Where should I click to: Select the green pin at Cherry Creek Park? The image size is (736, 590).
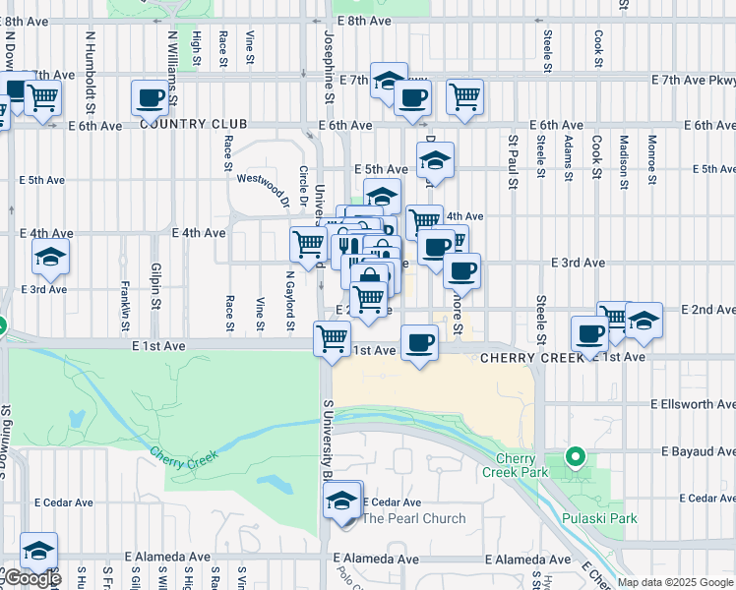point(576,457)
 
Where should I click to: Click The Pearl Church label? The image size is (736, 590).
point(414,518)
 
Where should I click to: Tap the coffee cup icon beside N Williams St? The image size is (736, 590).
point(151,97)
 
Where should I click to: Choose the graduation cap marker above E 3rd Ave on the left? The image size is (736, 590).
point(50,257)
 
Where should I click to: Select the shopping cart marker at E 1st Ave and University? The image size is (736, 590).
point(332,338)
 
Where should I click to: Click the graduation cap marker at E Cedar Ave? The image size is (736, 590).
point(341,500)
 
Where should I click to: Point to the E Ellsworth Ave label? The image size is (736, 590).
point(693,404)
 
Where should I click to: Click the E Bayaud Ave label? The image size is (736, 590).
point(698,451)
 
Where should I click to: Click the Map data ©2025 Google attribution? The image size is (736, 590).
point(675,582)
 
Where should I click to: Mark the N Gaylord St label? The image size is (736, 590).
point(291,296)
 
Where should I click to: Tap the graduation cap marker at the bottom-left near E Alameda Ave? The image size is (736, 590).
point(38,551)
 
